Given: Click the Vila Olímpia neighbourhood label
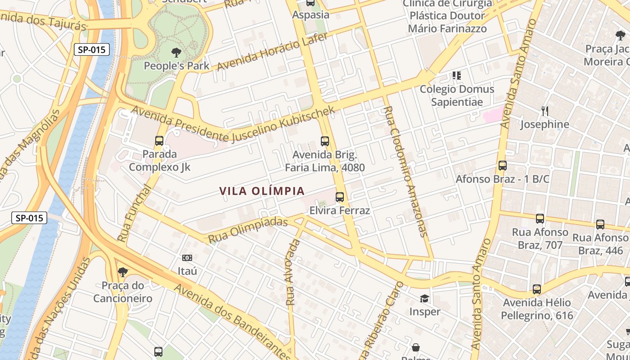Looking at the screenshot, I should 262,191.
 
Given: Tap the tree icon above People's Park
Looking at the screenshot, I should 176,53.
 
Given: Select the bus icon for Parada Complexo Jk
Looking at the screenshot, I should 159,141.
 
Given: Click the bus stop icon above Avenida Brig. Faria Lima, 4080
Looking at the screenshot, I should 325,141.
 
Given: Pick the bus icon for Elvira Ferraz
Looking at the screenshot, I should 340,197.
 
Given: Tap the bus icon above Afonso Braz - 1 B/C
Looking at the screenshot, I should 503,166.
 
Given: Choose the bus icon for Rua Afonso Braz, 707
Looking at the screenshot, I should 540,219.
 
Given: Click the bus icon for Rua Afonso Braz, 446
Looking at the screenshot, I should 600,224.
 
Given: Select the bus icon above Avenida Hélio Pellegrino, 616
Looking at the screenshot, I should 537,289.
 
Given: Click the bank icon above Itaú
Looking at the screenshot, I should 187,258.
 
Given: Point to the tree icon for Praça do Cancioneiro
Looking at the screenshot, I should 122,272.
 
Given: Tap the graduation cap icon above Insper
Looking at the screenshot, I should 424,298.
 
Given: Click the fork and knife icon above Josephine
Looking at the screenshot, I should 544,111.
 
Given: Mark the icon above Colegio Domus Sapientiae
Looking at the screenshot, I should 457,75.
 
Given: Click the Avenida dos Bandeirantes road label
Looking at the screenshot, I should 232,320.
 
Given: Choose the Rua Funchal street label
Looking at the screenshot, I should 133,213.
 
